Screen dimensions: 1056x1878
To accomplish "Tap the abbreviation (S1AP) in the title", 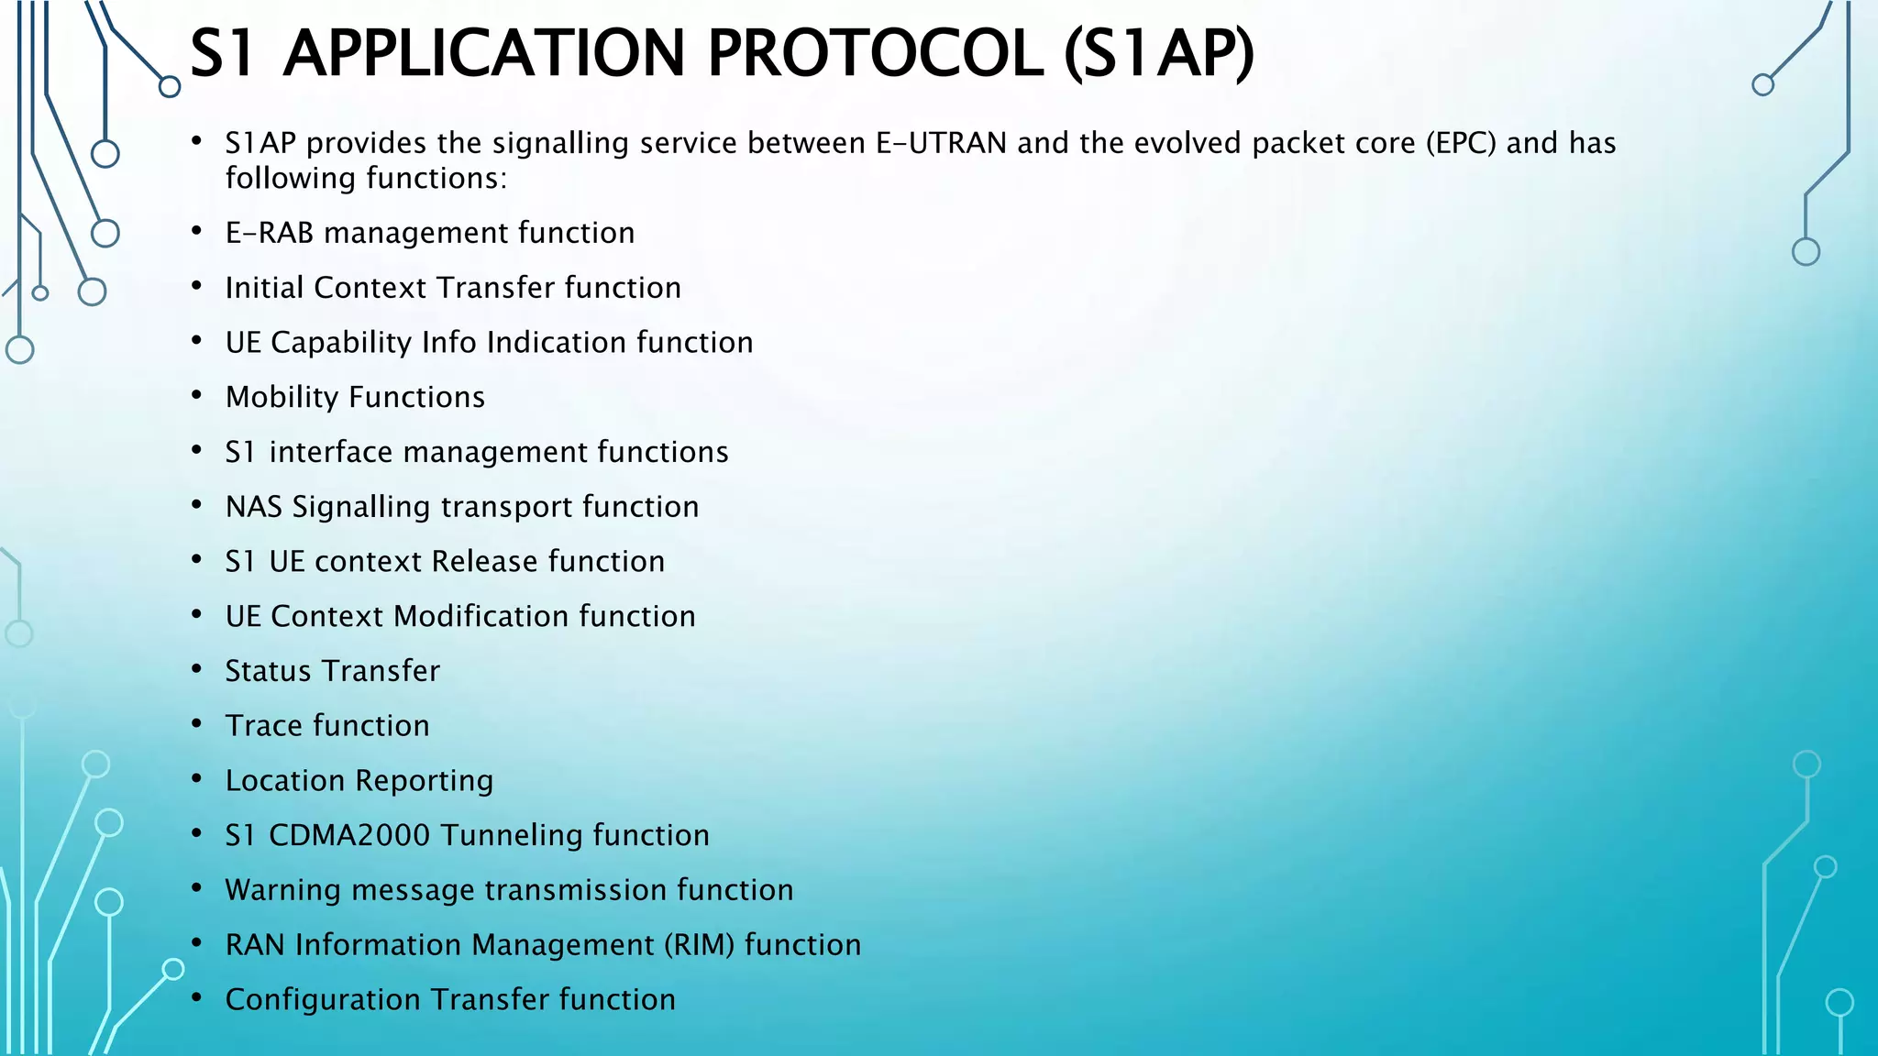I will (1159, 53).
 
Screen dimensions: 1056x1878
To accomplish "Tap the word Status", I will (268, 671).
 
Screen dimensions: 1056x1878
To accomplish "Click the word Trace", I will (263, 726).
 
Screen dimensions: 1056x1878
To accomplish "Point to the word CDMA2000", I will (348, 835).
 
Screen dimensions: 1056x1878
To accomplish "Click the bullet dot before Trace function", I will (196, 724).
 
